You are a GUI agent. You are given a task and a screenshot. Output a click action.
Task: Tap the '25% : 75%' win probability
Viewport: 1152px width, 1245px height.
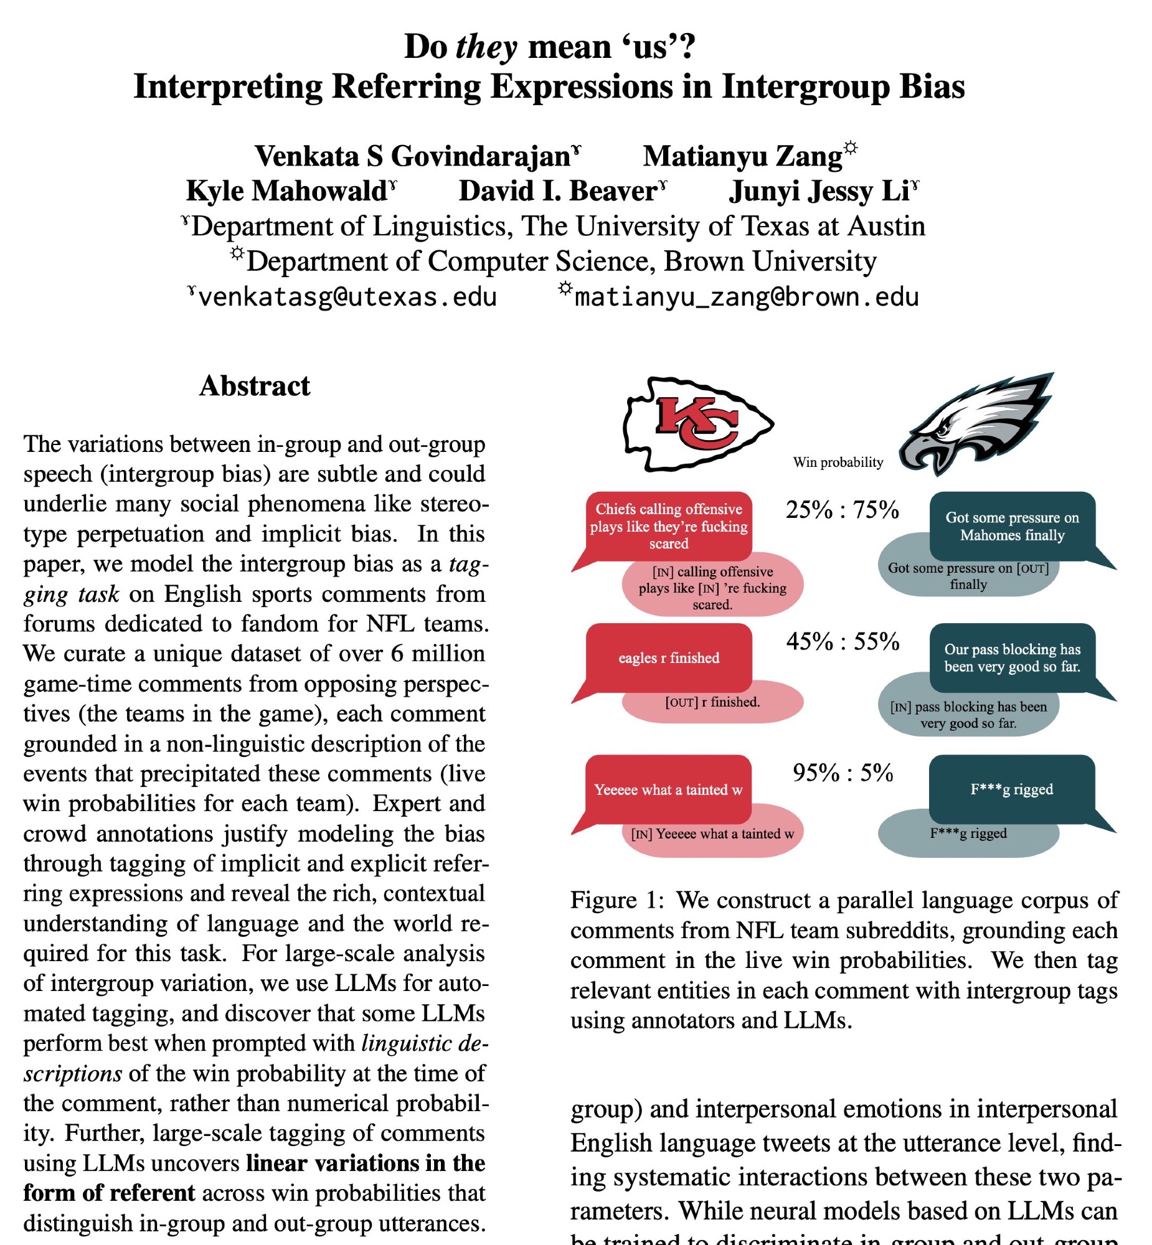point(842,510)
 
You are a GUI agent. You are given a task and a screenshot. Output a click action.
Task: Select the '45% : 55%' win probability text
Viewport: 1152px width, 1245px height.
point(842,642)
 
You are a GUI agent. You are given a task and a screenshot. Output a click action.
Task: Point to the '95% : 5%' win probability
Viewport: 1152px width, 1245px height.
point(842,773)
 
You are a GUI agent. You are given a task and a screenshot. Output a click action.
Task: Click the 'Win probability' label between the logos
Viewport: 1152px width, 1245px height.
point(838,463)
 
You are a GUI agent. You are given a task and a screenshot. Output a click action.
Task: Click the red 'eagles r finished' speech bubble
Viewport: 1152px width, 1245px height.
point(668,658)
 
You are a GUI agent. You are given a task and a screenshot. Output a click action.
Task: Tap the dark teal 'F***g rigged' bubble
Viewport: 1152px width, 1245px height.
point(1012,789)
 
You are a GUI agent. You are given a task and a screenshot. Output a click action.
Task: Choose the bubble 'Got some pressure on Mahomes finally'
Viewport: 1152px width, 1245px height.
point(1012,527)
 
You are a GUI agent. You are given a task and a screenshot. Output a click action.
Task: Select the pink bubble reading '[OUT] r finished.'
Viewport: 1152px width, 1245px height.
point(712,703)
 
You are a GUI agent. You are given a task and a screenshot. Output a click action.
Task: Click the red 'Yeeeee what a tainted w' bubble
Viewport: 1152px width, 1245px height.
point(668,789)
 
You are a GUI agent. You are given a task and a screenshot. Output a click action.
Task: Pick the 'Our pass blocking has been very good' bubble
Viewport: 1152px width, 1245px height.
point(1012,658)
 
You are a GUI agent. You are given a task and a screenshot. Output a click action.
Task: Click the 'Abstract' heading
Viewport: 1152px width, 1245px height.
point(254,387)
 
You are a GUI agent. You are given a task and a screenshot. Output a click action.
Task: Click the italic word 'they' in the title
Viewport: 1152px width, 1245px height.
point(486,47)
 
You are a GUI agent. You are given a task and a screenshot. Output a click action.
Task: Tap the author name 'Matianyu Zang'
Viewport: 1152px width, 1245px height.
point(742,156)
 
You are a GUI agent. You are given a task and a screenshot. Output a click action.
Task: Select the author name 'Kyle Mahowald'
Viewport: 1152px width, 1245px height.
point(286,191)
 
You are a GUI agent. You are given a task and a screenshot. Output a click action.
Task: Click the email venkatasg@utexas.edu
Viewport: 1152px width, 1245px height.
point(347,297)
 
